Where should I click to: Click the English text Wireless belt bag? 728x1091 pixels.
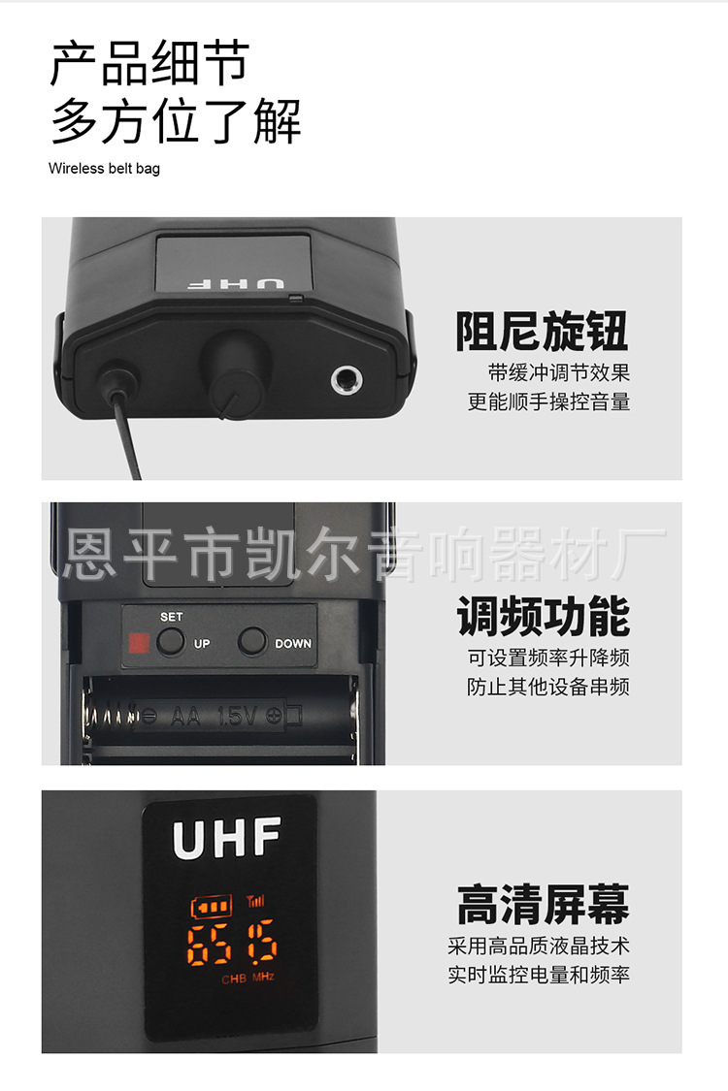click(x=104, y=169)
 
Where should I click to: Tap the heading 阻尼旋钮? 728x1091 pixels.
click(x=542, y=331)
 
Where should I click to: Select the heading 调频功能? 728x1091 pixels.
click(x=543, y=617)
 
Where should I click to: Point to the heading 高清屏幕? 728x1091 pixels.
click(x=543, y=904)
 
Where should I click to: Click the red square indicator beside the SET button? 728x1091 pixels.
click(x=137, y=642)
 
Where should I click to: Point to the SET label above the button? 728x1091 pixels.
click(x=171, y=617)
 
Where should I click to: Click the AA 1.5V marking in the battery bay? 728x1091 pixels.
click(x=215, y=717)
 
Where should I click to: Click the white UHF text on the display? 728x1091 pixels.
click(x=227, y=838)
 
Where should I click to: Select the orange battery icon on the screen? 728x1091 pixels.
click(x=212, y=907)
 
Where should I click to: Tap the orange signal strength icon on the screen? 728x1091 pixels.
click(x=255, y=901)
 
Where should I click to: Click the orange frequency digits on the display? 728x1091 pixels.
click(x=233, y=944)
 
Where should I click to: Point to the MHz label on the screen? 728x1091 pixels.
click(x=263, y=978)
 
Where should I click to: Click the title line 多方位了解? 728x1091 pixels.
click(x=176, y=121)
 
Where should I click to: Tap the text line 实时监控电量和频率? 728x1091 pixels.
click(x=538, y=974)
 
